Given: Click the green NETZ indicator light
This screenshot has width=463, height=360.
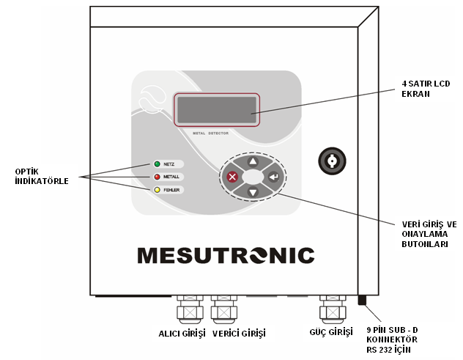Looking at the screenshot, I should tap(157, 164).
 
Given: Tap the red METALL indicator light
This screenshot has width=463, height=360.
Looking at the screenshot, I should tap(157, 177).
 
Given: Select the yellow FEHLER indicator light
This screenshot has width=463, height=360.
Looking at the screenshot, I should tap(157, 191).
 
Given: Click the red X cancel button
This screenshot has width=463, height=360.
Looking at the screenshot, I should tap(233, 177).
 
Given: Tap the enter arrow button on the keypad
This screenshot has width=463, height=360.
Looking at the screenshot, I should tap(273, 177).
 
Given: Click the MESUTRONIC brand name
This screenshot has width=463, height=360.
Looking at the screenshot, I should tap(226, 255).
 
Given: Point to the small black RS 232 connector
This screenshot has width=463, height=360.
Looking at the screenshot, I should tap(361, 299).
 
